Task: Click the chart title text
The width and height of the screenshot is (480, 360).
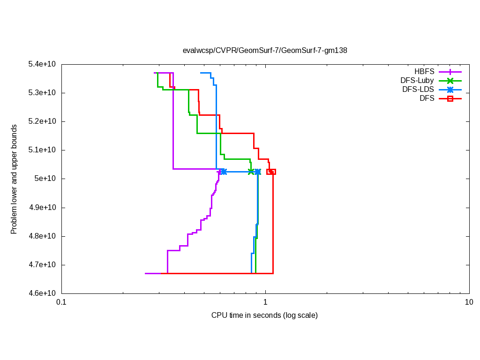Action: click(x=265, y=50)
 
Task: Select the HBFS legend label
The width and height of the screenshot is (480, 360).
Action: click(x=424, y=72)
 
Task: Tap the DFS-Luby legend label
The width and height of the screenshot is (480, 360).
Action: click(x=417, y=81)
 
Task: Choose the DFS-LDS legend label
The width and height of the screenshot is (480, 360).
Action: click(x=418, y=90)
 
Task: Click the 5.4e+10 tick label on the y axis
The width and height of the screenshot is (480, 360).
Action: click(x=42, y=64)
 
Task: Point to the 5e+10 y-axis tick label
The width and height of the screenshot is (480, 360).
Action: click(x=45, y=179)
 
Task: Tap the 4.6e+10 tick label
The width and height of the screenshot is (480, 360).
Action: click(x=42, y=293)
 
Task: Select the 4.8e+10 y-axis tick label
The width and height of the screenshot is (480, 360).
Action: click(x=42, y=236)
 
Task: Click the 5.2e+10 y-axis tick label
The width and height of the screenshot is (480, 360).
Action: click(x=42, y=121)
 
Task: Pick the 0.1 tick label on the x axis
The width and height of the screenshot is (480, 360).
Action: click(x=61, y=302)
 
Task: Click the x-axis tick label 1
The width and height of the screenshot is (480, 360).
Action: click(x=265, y=302)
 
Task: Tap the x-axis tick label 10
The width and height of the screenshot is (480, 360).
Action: click(x=469, y=302)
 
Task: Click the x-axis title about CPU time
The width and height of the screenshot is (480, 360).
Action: click(x=264, y=315)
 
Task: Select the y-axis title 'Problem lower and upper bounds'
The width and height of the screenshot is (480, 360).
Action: click(x=14, y=179)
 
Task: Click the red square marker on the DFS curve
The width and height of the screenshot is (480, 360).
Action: click(x=271, y=172)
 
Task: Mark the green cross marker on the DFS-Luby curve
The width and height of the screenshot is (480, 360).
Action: click(x=251, y=172)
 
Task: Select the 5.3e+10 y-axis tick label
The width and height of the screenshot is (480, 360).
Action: click(x=42, y=93)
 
